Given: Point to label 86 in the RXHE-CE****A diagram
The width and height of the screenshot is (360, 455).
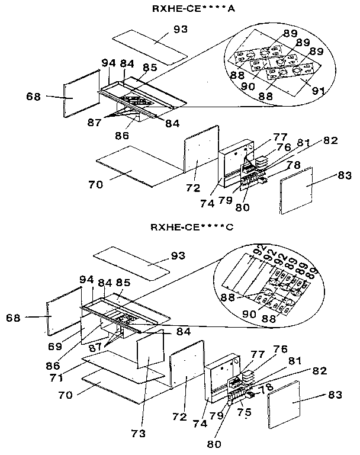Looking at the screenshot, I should click(122, 135).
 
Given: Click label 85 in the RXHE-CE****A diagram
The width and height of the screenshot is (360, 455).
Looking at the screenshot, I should click(150, 68).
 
